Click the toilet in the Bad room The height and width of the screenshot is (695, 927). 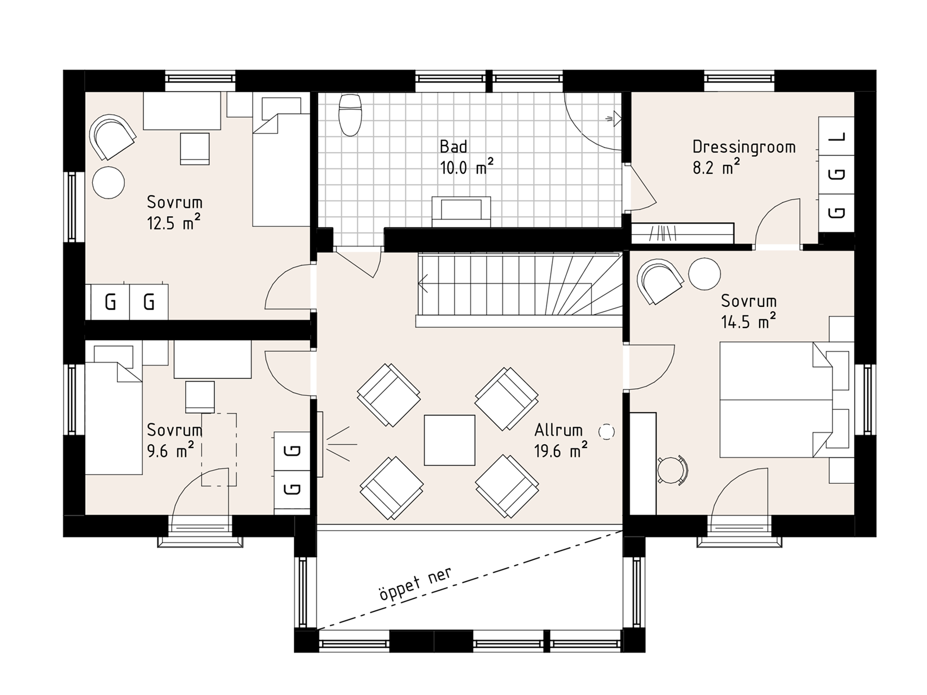click(x=350, y=115)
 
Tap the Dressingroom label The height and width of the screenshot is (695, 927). click(x=743, y=147)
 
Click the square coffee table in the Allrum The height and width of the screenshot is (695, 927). click(x=449, y=440)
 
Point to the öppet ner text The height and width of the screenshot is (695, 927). click(x=415, y=584)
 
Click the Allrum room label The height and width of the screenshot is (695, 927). click(x=558, y=430)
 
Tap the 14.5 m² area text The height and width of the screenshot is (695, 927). click(x=748, y=322)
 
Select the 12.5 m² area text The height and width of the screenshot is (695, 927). click(x=174, y=223)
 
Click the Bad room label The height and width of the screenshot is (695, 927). click(x=453, y=146)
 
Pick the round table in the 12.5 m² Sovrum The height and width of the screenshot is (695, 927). click(x=109, y=182)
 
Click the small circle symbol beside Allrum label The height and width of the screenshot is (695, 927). click(x=606, y=432)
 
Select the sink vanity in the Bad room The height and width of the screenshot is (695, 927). click(x=461, y=211)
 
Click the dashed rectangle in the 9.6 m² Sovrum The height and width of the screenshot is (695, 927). click(x=219, y=450)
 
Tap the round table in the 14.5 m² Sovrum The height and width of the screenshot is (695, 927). click(x=704, y=274)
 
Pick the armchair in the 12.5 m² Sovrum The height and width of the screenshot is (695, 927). click(x=112, y=136)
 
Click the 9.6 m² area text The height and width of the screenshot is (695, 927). click(x=171, y=451)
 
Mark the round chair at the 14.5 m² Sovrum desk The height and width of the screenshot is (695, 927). click(x=672, y=469)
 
